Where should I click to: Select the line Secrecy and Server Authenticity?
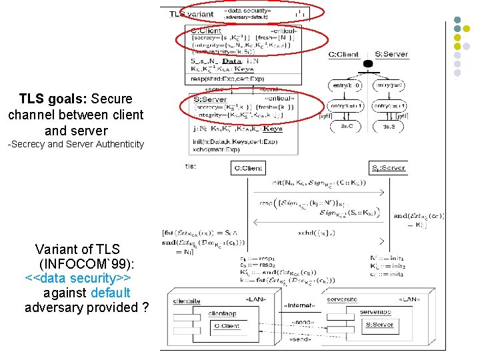click(75, 144)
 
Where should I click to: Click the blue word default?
click(110, 293)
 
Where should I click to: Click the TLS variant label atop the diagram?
click(191, 13)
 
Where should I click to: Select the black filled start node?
click(367, 64)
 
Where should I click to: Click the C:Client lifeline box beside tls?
click(248, 169)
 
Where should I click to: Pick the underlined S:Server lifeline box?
click(388, 167)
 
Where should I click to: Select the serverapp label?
click(376, 311)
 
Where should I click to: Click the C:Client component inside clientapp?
click(227, 326)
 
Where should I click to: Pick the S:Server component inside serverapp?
click(379, 325)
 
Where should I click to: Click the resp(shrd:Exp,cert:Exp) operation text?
click(227, 78)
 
